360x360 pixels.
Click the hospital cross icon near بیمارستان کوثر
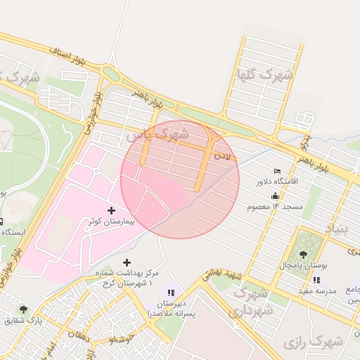click(x=111, y=210)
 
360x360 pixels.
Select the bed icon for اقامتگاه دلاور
click(x=277, y=171)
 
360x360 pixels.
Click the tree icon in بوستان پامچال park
click(x=304, y=255)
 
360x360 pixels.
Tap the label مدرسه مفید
click(x=317, y=290)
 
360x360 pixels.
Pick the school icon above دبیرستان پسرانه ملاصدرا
click(x=171, y=292)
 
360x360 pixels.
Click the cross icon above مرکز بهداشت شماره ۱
click(x=126, y=262)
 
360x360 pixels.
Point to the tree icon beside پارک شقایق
click(x=23, y=309)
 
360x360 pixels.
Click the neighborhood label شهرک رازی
click(x=313, y=342)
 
